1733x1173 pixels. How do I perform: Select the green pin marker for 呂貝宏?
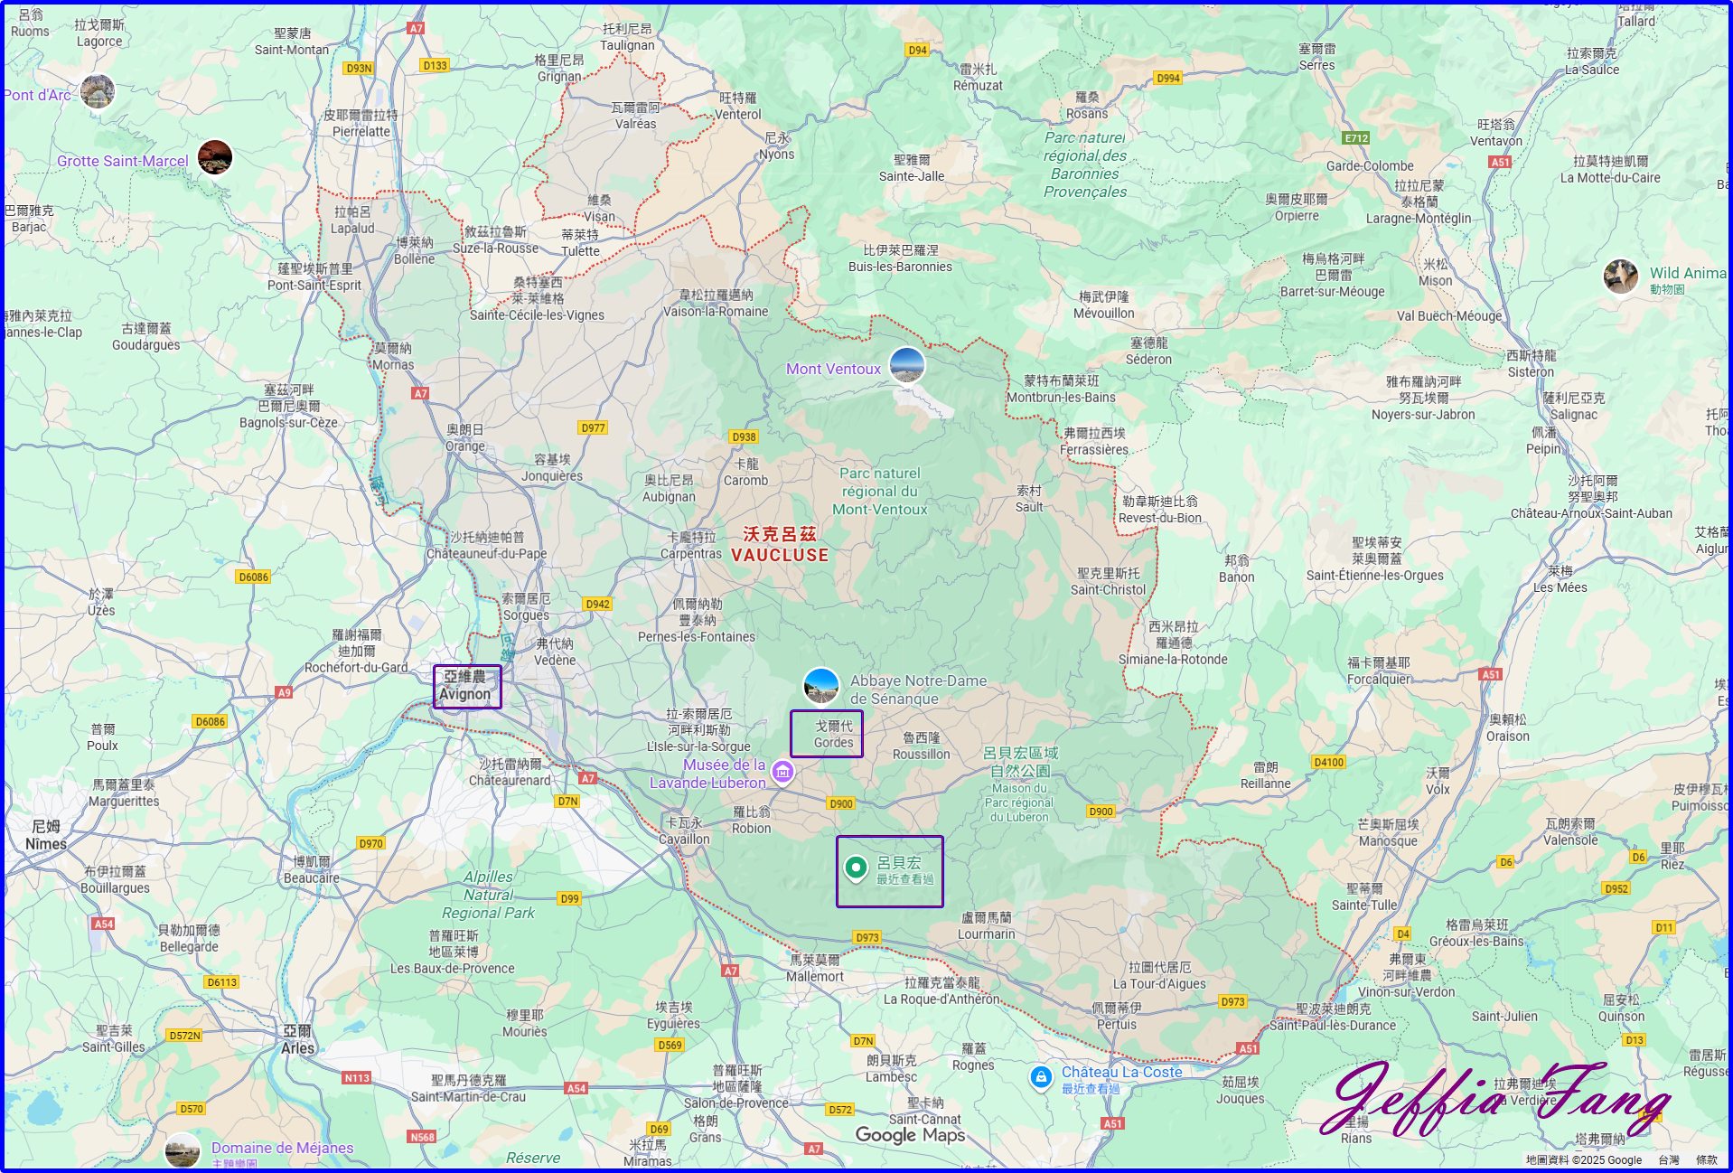856,868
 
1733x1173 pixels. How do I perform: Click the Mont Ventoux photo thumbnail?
906,365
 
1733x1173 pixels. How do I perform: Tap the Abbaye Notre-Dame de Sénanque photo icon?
821,686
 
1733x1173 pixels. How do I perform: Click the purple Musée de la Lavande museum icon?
782,772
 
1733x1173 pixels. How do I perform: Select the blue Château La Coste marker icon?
1041,1076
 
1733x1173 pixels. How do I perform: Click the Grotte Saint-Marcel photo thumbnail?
215,157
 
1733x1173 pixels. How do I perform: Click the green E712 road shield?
1356,138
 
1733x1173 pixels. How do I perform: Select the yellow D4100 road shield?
1328,762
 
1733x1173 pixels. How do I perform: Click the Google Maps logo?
910,1135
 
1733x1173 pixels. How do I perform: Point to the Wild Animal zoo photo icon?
1621,277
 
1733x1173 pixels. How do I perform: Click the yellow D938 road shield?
744,436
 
